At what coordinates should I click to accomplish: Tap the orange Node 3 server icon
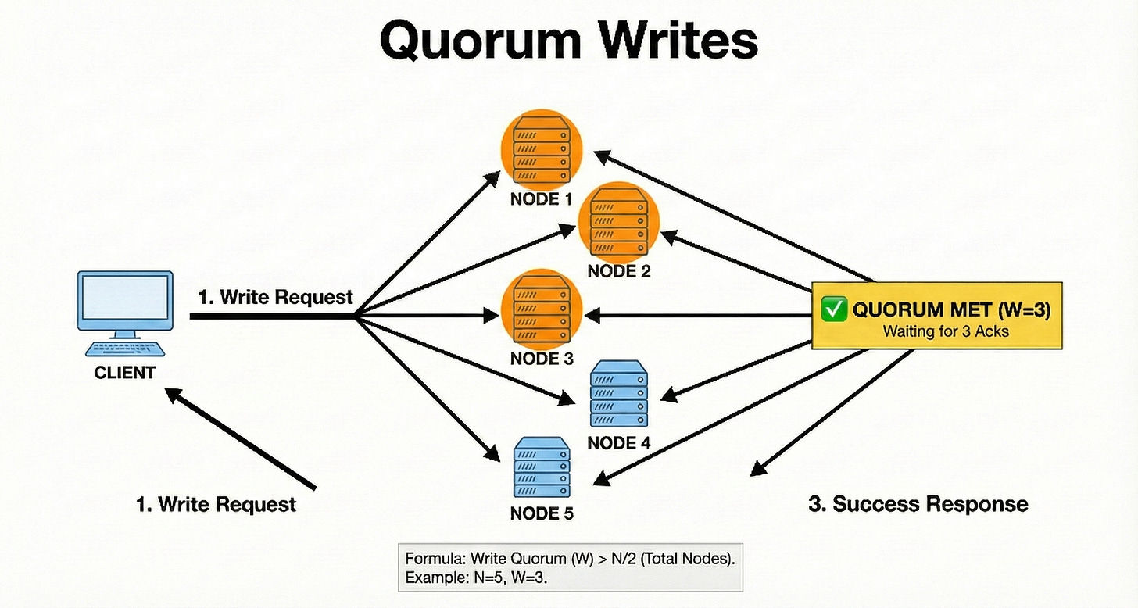542,310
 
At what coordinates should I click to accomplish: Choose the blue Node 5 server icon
541,468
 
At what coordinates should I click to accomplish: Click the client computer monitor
125,300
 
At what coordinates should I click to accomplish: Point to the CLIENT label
125,373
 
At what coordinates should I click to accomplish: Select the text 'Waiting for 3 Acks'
946,331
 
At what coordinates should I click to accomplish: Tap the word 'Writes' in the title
676,41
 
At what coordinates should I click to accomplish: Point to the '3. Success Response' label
918,504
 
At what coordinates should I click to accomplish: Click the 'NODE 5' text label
542,514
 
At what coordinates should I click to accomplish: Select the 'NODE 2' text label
619,272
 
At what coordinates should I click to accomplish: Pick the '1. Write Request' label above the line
276,297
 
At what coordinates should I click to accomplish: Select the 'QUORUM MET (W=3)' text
951,310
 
